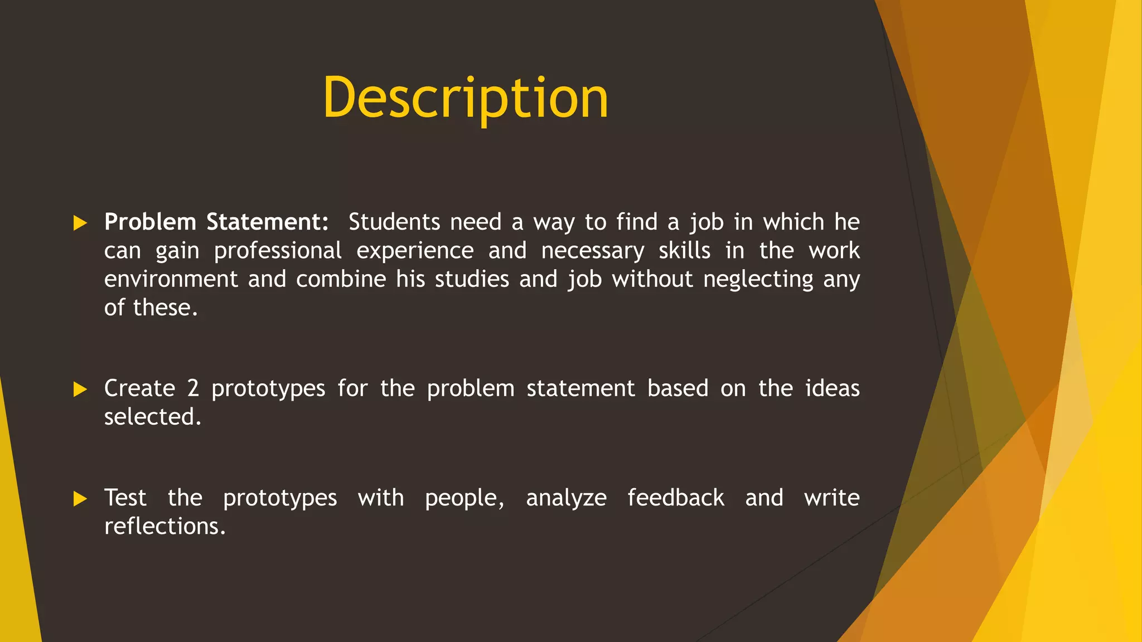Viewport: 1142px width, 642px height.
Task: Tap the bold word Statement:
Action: (x=268, y=222)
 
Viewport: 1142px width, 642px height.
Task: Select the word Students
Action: (x=394, y=222)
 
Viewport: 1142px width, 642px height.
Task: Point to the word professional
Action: (x=278, y=251)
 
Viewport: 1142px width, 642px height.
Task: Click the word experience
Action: (x=415, y=251)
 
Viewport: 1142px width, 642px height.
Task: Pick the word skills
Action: (x=684, y=250)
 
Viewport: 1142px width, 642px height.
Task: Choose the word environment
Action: (x=171, y=279)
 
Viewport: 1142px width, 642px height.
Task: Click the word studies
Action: (x=472, y=279)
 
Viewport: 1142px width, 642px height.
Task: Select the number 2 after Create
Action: (x=193, y=388)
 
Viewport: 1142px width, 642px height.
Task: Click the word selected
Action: (x=152, y=417)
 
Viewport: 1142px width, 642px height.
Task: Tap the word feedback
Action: (x=676, y=498)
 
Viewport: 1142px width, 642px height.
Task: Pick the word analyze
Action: (x=566, y=498)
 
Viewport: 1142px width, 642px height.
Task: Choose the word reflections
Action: (x=165, y=526)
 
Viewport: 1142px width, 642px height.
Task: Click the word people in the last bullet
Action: (x=464, y=498)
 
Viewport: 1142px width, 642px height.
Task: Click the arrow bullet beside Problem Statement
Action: (x=80, y=223)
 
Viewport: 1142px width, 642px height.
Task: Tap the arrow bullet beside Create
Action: (x=80, y=390)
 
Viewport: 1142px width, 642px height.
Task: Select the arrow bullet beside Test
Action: (x=80, y=499)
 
